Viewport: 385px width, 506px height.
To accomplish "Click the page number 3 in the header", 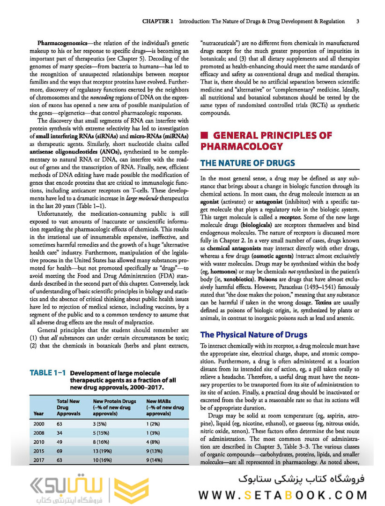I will (x=358, y=21).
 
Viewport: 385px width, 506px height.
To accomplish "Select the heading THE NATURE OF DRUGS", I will (x=247, y=163).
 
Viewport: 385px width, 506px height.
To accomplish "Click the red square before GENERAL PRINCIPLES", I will (x=204, y=136).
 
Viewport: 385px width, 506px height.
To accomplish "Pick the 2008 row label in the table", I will (x=39, y=433).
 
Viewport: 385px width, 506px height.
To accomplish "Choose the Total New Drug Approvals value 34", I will (x=60, y=433).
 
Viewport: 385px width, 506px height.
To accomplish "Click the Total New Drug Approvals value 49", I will (x=60, y=442).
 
